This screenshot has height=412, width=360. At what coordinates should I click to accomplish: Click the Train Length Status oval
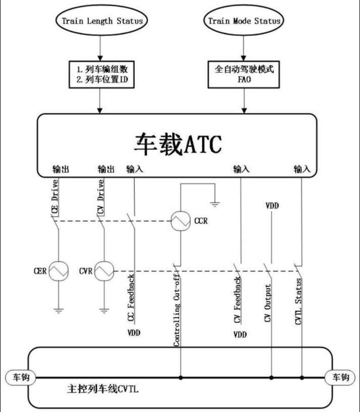click(x=102, y=21)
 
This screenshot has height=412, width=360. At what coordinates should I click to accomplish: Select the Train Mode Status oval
click(x=244, y=21)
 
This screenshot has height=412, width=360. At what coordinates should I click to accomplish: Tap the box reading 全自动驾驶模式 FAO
click(x=244, y=75)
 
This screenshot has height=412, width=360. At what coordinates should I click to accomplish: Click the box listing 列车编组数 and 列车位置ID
click(x=102, y=75)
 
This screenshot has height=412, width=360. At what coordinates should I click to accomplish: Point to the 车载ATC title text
click(x=177, y=144)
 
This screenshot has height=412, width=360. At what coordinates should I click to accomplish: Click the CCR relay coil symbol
click(x=179, y=221)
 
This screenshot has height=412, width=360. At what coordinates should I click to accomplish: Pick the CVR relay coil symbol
click(x=104, y=271)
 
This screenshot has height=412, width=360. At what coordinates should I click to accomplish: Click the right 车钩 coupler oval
click(x=340, y=377)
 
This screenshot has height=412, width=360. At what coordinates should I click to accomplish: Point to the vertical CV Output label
click(x=268, y=303)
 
